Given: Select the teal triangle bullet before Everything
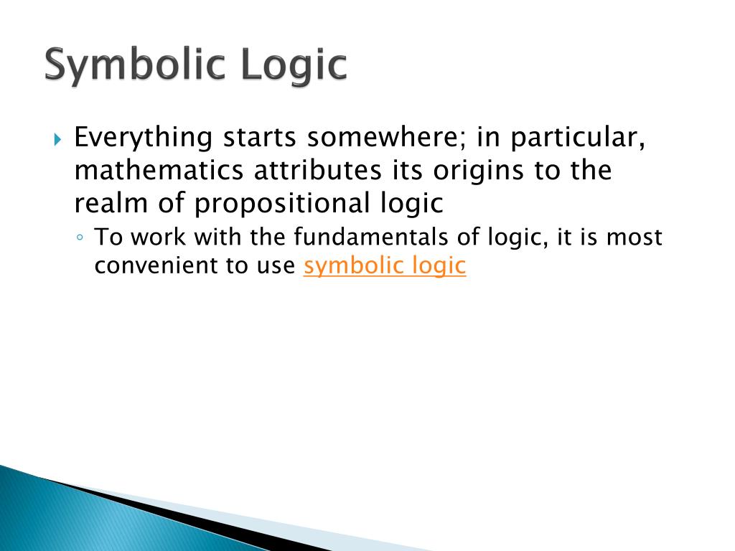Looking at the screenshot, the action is coord(57,139).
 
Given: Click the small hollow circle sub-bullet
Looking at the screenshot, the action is coord(80,237).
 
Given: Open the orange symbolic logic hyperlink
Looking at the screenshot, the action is coord(385,265).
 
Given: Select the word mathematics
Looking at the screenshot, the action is coord(159,171).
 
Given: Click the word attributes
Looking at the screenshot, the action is coord(318,171).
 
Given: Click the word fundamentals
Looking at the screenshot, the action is coord(371,237).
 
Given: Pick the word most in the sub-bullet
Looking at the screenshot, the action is coord(635,237).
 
